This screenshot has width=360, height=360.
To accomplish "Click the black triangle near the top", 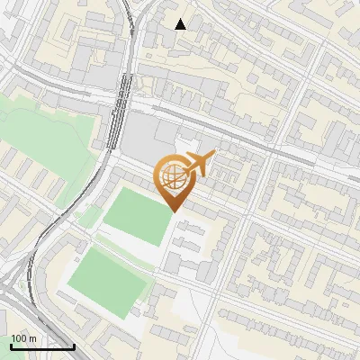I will point(180,23).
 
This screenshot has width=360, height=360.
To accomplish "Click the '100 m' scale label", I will point(22,338).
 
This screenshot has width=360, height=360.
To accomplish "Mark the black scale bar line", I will point(42,346).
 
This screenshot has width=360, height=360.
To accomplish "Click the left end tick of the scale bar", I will point(10,345).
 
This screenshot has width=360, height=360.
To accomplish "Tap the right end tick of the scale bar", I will point(74,345).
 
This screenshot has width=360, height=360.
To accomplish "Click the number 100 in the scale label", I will point(19,338).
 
